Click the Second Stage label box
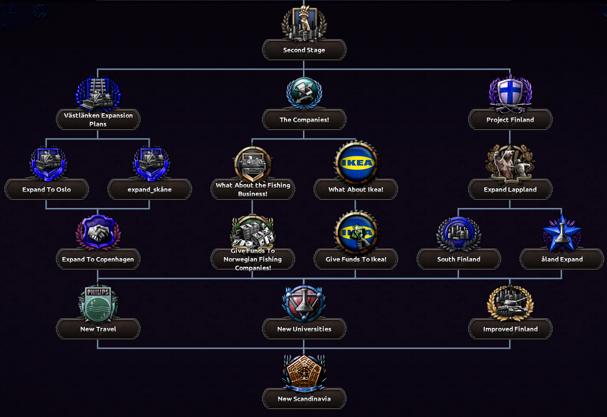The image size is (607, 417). (304, 50)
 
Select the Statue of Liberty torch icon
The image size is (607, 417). (304, 23)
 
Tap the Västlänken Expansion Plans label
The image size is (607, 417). (98, 120)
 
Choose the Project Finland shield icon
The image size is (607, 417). (510, 93)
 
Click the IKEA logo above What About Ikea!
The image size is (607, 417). (356, 163)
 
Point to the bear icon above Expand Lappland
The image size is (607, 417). (510, 163)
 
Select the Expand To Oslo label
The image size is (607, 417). (47, 189)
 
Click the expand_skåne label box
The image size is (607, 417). (149, 189)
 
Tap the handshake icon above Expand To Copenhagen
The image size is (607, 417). (98, 232)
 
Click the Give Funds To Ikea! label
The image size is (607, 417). (356, 259)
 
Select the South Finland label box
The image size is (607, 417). (459, 259)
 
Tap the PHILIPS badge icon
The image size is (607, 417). (98, 304)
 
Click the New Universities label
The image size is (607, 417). (304, 329)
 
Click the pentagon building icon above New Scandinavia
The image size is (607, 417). (304, 372)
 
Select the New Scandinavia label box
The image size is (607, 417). (304, 398)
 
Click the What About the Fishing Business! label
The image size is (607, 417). (253, 189)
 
